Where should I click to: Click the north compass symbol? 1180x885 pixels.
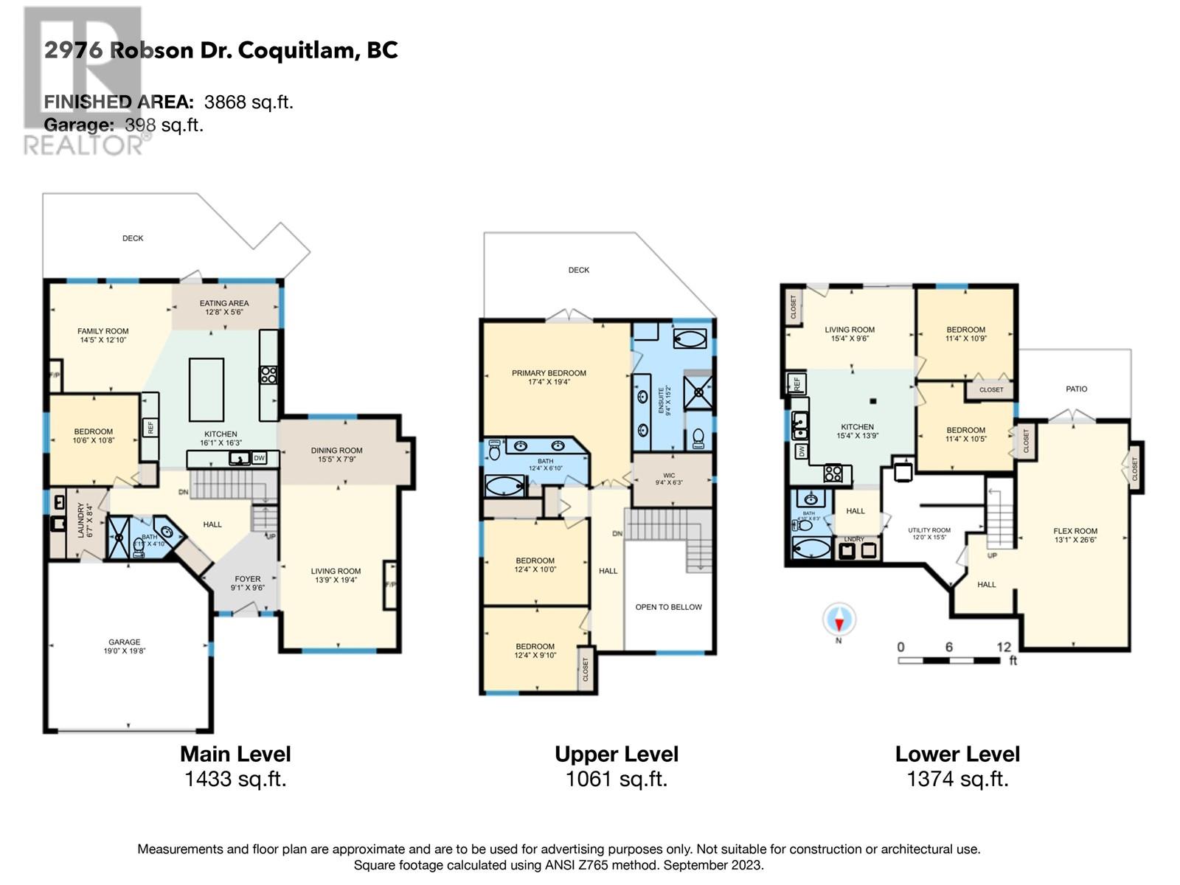coord(839,619)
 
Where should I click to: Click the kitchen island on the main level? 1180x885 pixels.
coord(206,389)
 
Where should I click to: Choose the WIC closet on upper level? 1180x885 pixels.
coord(670,479)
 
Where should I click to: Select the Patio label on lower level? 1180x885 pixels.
coord(1076,389)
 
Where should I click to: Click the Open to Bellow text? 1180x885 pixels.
coord(668,607)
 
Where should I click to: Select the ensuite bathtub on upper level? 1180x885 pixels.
coord(690,339)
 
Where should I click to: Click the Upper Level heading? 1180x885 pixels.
coord(616,754)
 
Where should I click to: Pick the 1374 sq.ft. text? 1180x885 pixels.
coord(957,779)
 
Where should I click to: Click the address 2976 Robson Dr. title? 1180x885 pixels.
coord(221,50)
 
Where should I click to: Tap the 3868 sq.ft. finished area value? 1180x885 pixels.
coord(249,103)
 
